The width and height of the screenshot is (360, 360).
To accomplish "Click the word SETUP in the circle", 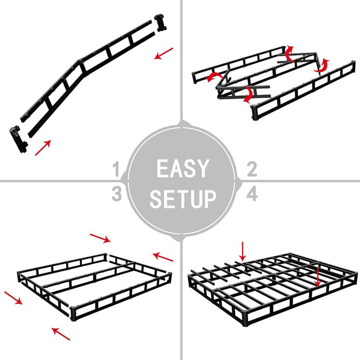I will (183, 198).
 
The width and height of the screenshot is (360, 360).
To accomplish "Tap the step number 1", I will (117, 171).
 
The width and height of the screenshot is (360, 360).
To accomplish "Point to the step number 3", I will (117, 194).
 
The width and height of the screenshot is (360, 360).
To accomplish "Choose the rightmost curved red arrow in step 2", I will (322, 66).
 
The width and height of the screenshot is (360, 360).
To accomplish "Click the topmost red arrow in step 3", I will (100, 237).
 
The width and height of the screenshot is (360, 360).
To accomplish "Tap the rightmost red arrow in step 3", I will (163, 256).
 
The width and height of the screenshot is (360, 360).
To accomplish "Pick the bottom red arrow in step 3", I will (61, 333).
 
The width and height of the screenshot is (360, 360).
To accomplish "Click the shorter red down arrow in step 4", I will (243, 251).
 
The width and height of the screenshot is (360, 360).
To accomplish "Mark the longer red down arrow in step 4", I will (318, 275).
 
